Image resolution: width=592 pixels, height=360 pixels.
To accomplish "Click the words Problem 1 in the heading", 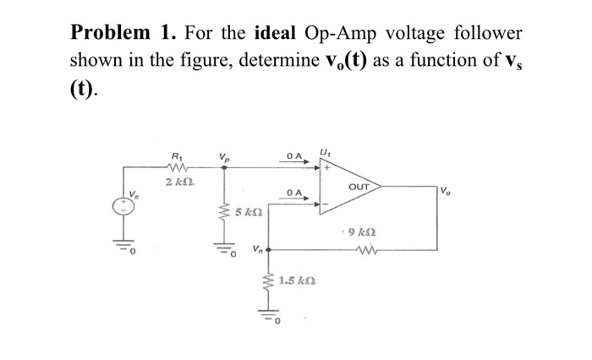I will tap(118, 34).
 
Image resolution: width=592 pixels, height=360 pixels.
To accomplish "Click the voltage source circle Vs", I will tap(128, 208).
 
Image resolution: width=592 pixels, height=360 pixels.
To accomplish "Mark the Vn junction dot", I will tap(269, 250).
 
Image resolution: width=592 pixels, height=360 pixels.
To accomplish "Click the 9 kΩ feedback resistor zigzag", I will tap(368, 250).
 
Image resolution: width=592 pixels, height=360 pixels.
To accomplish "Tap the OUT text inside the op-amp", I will tap(358, 186).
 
